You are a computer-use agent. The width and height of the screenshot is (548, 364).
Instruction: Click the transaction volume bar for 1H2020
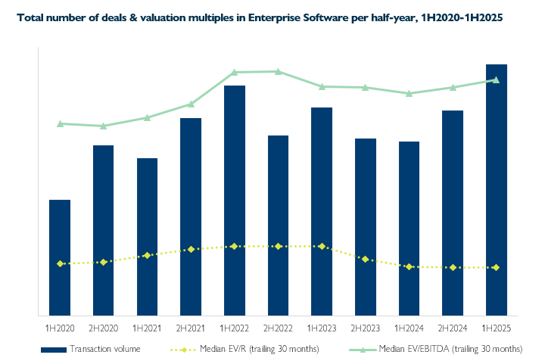point(60,257)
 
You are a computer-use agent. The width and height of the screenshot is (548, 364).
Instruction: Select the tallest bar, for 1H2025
point(497,189)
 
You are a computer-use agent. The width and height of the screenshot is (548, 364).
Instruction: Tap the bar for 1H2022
point(235,200)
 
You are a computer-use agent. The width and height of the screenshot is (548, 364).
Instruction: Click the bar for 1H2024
point(409,228)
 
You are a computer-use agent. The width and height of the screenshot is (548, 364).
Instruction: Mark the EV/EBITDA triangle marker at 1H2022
point(235,73)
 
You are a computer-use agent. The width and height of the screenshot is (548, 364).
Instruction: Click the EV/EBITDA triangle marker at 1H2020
point(60,123)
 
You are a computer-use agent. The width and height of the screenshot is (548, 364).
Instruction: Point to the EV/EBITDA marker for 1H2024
point(409,94)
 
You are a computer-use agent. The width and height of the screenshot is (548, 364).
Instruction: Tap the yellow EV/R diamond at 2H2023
point(366,259)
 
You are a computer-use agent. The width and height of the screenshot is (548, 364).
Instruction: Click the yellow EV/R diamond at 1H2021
point(147,256)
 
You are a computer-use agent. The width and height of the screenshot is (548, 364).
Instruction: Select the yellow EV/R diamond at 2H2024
point(453,267)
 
